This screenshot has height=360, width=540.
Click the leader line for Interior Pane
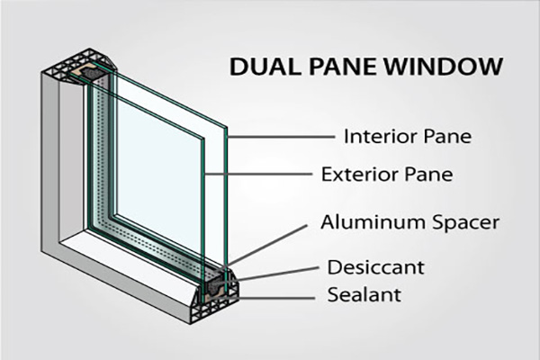coord(279,138)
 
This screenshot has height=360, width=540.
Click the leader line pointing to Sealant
coord(279,294)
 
